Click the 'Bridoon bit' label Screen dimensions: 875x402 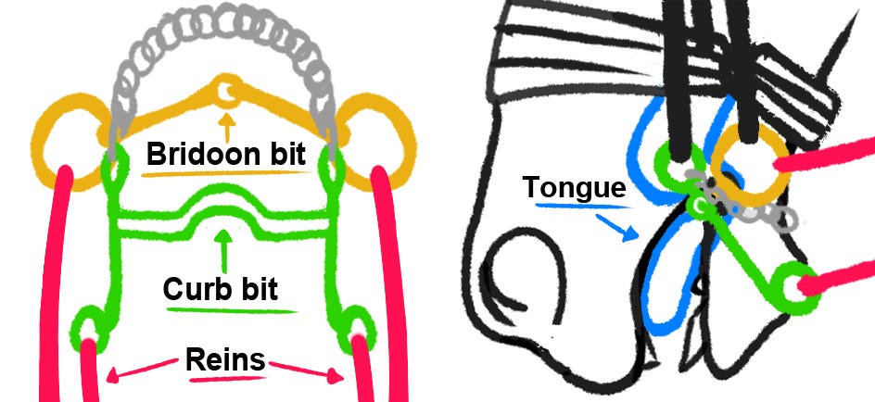click(x=224, y=154)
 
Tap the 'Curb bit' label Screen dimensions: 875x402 click(x=220, y=289)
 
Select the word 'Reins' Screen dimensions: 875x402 click(x=226, y=359)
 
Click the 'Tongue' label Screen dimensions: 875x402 click(x=574, y=187)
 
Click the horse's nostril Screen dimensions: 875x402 click(x=519, y=278)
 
